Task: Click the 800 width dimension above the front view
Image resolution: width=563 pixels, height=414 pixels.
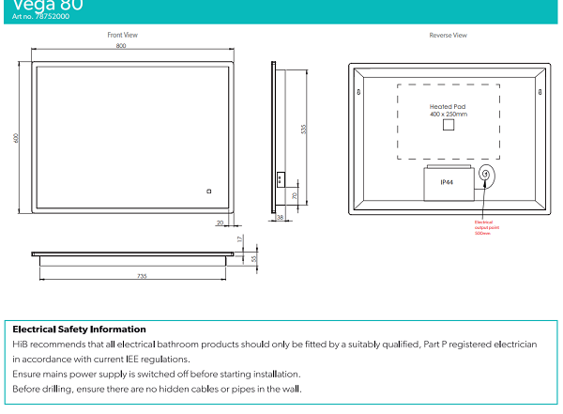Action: (121, 46)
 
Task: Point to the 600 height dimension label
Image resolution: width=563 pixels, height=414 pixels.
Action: (16, 138)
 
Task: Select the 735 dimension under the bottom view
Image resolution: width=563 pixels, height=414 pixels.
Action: (142, 276)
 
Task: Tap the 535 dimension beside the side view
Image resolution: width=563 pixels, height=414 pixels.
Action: (303, 129)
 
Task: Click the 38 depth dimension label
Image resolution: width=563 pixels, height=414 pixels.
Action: (280, 218)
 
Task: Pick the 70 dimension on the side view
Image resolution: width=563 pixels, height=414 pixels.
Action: (295, 196)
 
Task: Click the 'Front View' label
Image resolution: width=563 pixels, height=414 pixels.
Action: (122, 35)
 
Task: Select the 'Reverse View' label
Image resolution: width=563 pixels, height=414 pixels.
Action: (448, 35)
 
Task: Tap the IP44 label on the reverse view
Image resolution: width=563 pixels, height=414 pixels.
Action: (447, 184)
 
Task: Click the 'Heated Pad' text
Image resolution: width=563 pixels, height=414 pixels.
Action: (448, 107)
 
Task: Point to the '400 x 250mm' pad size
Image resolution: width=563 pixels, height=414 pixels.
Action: (448, 115)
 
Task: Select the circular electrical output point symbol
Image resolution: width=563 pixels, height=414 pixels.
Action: (486, 175)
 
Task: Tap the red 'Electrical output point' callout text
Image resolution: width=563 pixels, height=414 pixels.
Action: (484, 226)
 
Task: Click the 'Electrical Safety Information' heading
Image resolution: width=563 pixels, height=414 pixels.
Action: (79, 330)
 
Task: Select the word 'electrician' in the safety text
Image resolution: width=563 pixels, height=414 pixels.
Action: (512, 345)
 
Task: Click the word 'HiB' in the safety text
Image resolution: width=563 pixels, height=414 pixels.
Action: (20, 345)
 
